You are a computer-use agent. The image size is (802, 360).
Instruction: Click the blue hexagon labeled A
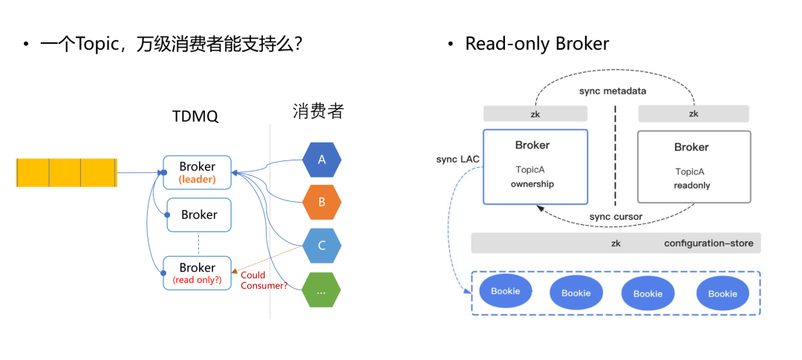pos(322,160)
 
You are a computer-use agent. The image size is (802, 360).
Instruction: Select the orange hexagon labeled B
pos(322,201)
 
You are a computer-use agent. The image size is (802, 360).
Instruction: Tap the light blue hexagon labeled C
pos(322,246)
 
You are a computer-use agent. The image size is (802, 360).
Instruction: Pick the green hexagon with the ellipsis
pos(322,291)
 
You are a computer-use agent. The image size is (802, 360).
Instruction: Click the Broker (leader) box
pos(198,172)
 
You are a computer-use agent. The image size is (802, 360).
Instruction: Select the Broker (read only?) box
pos(198,272)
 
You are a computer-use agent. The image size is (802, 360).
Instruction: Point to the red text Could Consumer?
pos(264,280)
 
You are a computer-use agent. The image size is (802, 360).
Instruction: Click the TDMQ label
pos(195,117)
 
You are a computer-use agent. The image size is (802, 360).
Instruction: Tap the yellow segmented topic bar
pos(67,172)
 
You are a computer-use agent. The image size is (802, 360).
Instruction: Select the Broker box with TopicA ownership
pos(535,166)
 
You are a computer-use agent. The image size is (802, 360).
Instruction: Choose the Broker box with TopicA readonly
pos(694,167)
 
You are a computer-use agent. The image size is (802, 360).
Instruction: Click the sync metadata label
pos(613,91)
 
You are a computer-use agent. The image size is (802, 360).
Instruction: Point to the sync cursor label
pos(616,216)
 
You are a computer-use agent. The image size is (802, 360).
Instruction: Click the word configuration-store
pos(708,243)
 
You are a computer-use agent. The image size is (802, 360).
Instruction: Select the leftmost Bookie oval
pos(505,292)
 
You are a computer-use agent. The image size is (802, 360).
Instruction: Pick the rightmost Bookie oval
pos(723,294)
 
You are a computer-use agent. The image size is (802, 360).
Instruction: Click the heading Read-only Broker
pos(536,44)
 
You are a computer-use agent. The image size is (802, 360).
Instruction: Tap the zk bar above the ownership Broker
pos(535,114)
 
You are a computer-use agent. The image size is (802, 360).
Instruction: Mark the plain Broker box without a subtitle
pos(199,215)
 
